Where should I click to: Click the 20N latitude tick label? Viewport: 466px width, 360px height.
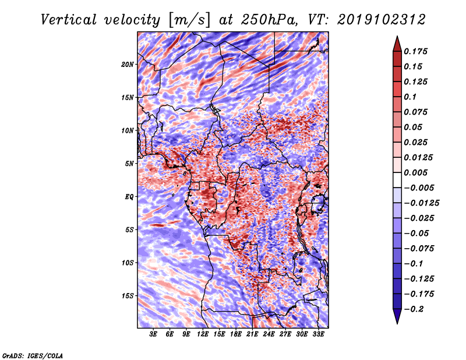[128, 64]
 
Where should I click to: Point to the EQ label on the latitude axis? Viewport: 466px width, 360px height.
[129, 196]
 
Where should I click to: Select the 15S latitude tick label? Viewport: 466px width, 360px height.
[128, 296]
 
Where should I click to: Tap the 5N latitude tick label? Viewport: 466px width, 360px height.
[129, 164]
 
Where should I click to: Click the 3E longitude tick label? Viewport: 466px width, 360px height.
[154, 334]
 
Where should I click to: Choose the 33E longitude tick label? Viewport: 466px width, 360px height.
[319, 334]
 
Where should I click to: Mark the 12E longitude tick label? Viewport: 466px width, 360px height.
[203, 334]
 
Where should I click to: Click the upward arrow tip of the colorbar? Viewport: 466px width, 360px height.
[397, 38]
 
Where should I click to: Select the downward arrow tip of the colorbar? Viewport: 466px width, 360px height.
[397, 322]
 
